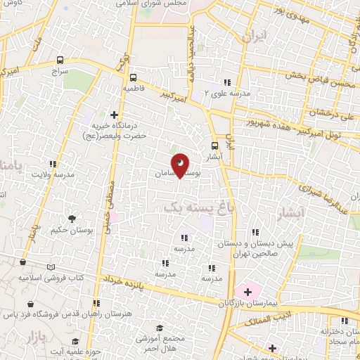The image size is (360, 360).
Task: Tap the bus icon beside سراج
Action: (x=60, y=60)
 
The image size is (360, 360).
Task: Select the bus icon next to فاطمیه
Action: (x=133, y=78)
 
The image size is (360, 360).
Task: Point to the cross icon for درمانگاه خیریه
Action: (x=115, y=114)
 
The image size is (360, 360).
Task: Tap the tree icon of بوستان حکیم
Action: (x=70, y=219)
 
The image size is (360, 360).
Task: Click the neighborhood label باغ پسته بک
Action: (x=188, y=208)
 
